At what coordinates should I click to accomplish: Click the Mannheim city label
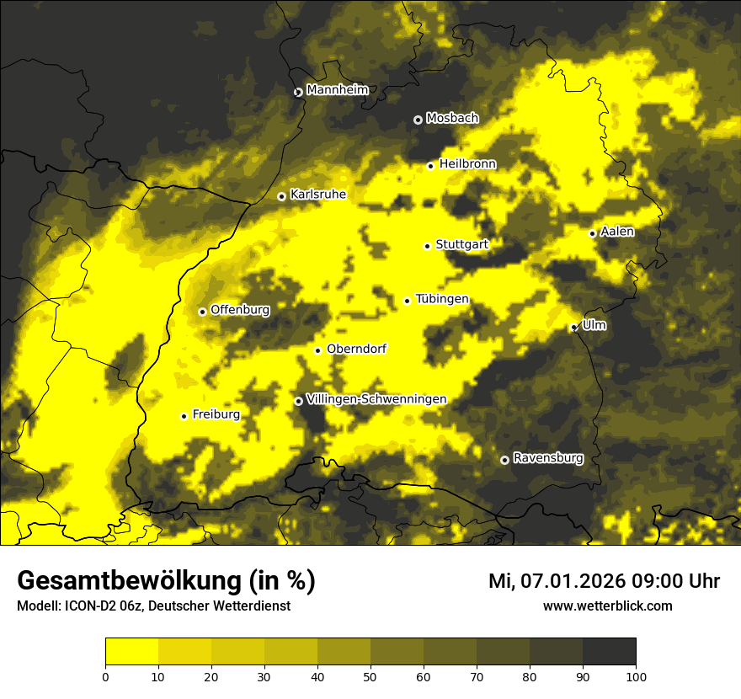[337, 90]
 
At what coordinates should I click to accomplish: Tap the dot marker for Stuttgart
[427, 246]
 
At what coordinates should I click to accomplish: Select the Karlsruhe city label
[317, 195]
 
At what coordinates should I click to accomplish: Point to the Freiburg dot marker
[184, 416]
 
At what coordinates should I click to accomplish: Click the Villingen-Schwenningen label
[376, 399]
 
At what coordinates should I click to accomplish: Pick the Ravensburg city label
[547, 458]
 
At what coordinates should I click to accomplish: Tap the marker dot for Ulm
[573, 328]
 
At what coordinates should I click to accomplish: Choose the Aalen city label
[617, 232]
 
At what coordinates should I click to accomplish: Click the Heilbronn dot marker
[430, 166]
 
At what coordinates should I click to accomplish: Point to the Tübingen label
[442, 299]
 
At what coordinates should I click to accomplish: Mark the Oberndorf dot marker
[317, 350]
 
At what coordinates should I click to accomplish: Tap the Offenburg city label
[240, 310]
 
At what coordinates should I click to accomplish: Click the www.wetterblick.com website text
[607, 606]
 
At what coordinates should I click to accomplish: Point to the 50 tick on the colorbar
[370, 676]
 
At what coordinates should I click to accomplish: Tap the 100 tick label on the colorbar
[636, 676]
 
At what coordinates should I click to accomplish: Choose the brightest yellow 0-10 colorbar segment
[132, 652]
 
